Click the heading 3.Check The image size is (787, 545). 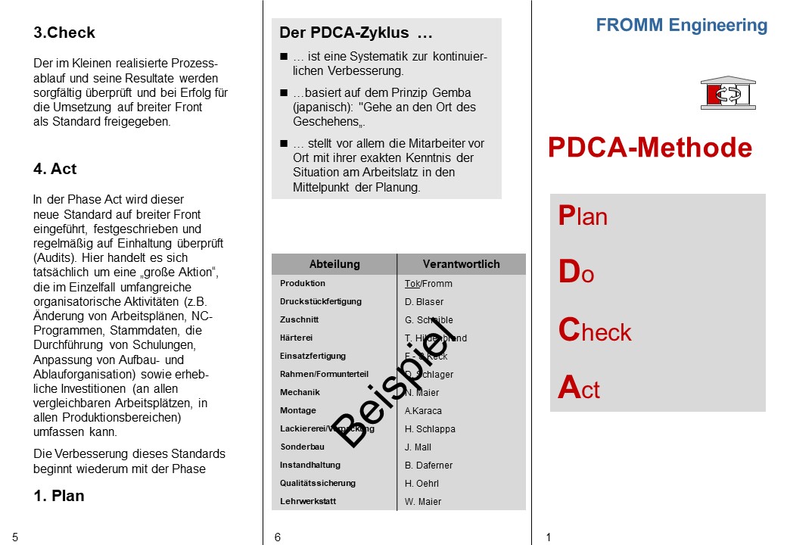coord(64,33)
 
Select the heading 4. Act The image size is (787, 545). coord(54,169)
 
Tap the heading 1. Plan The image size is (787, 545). coord(59,496)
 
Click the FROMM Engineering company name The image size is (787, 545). coord(681,25)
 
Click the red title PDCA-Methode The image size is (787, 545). coord(650,148)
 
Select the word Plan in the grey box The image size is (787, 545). coord(583,216)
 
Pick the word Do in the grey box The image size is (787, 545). coord(576,273)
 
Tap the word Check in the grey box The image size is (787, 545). coord(595,331)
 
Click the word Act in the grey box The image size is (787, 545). coord(579,388)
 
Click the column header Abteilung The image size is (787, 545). coord(334,264)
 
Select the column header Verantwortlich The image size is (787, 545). coord(461,264)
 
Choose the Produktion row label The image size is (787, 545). coord(303,283)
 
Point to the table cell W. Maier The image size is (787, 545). coord(423,502)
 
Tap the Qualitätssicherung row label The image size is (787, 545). coord(318,483)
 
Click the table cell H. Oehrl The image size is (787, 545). coord(421,484)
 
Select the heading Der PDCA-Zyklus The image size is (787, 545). coord(356,33)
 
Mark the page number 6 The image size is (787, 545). coord(278,537)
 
